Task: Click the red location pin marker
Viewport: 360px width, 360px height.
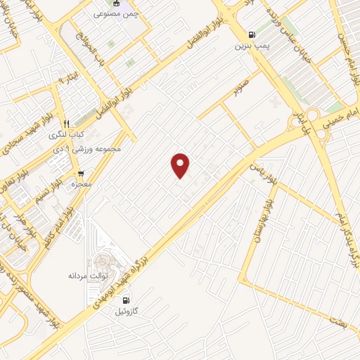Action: (181, 165)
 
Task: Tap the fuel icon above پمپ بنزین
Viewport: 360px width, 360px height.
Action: (251, 34)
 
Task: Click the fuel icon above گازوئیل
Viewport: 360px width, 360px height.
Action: (126, 300)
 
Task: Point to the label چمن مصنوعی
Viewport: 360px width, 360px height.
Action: (116, 13)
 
